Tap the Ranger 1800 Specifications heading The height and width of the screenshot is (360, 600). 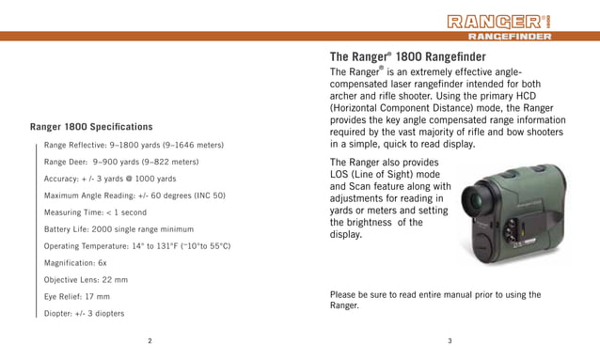tap(91, 126)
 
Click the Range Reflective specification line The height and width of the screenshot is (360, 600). tap(134, 146)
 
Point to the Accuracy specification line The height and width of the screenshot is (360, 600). tap(110, 179)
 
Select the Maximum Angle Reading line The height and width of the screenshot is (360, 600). tap(134, 196)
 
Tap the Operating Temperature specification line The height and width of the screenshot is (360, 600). tap(137, 245)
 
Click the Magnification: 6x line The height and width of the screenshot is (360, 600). tap(75, 263)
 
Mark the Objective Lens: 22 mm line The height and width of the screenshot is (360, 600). tap(86, 280)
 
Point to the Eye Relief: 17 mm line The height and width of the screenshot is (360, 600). tap(77, 296)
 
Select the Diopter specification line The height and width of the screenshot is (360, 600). tap(84, 313)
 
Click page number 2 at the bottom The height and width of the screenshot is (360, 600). tap(150, 340)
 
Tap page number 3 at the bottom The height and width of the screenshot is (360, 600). tap(450, 340)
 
